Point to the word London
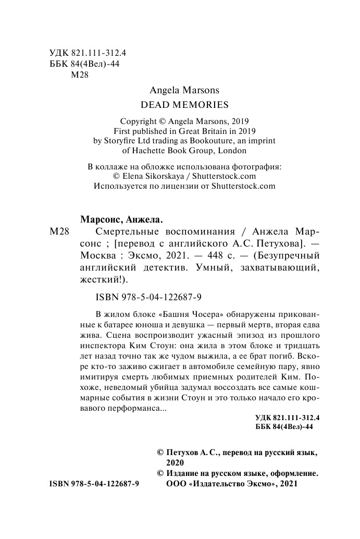232,151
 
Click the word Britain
215,131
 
